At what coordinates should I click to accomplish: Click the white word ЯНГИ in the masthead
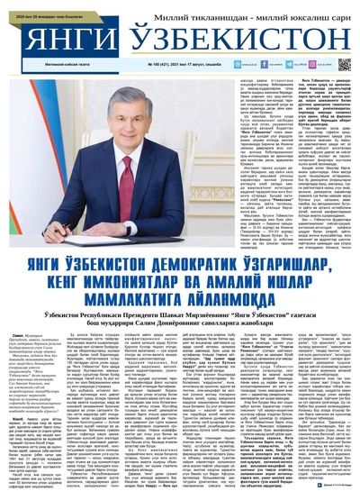[x=60, y=38]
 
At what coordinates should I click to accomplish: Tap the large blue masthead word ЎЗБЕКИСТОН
[x=229, y=38]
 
